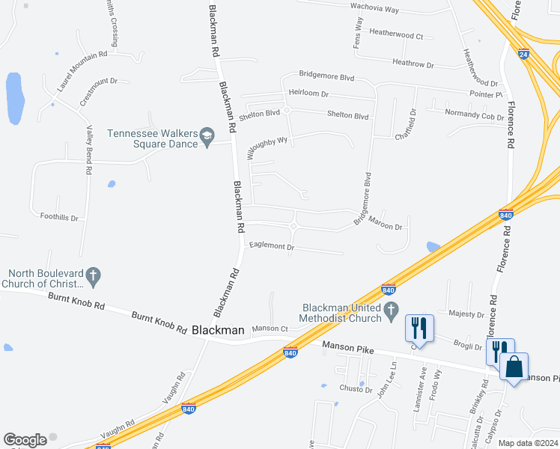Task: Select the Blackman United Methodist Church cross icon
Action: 390,312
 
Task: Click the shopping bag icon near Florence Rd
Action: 514,367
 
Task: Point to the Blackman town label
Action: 218,329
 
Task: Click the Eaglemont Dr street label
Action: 272,246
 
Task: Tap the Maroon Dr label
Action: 388,227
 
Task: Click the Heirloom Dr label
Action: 308,94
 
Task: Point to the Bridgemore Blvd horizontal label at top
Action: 326,76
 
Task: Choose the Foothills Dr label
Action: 59,217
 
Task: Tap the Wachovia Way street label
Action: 375,9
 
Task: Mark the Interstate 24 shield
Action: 523,54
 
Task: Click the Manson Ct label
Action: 270,329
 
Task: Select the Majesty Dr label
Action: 466,314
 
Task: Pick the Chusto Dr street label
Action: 356,389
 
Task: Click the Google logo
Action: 25,440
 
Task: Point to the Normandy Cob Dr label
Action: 475,116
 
